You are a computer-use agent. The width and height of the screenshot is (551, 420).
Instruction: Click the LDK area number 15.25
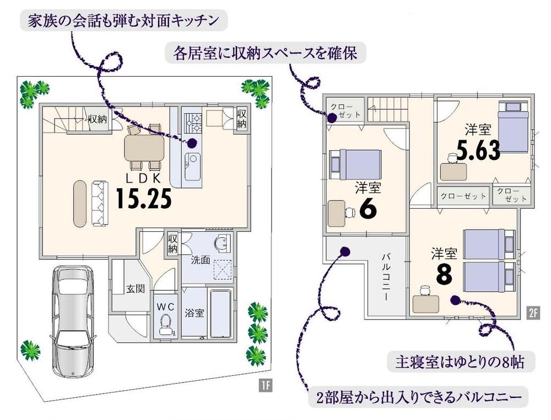coord(144,199)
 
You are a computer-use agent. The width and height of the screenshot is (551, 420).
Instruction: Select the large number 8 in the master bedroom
coord(444,274)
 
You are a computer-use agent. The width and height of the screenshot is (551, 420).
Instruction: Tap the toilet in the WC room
coord(165,325)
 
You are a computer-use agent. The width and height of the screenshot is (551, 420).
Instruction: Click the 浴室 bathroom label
coord(195,313)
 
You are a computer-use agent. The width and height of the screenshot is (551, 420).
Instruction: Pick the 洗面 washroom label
coord(200,259)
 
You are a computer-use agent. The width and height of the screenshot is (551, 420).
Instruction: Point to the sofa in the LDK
coord(99,203)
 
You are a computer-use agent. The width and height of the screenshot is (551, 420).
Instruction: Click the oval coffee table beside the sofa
coord(79,203)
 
